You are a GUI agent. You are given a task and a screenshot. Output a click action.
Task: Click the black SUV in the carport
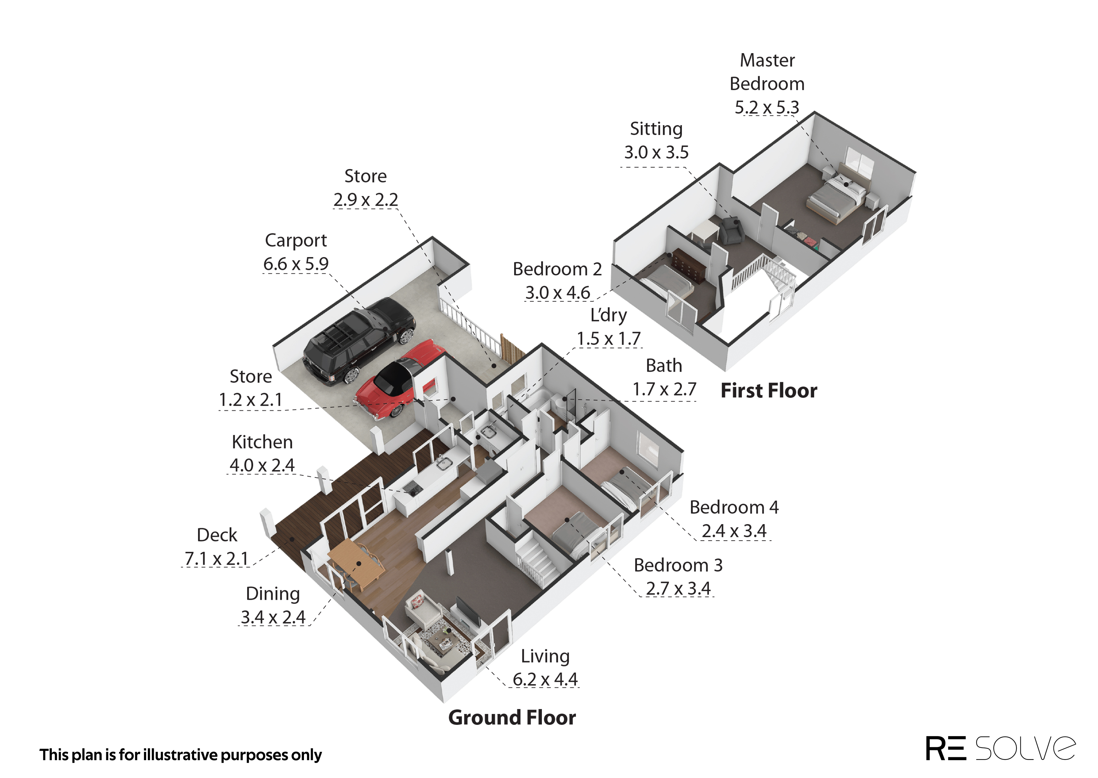pos(359,341)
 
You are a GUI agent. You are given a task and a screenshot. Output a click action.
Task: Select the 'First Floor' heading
pos(769,390)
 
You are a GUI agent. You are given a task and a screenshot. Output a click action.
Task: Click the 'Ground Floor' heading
pos(512,717)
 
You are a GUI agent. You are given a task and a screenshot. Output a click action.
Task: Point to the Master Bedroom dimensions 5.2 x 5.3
pos(767,107)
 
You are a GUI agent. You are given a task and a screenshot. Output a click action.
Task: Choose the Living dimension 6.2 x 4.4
pos(545,679)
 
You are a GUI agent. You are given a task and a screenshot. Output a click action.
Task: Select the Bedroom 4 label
pos(734,507)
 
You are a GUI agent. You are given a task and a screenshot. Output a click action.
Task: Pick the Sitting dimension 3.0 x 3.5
pos(656,152)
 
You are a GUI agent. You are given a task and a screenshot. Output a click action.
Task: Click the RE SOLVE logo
pos(1000,748)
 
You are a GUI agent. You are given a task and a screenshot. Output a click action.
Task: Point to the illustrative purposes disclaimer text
pos(181,755)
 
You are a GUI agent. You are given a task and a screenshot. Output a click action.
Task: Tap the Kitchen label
pos(262,442)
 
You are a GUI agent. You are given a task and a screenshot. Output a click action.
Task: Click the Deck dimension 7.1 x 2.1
pos(216,558)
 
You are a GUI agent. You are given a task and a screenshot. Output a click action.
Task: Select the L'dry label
pos(609,315)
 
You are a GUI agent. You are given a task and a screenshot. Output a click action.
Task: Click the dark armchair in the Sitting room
pos(730,229)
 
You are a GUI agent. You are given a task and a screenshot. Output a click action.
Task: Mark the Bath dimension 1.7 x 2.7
pos(664,389)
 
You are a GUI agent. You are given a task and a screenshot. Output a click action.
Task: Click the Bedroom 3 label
pos(678,565)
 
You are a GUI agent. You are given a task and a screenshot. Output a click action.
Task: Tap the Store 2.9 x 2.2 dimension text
pos(365,199)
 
